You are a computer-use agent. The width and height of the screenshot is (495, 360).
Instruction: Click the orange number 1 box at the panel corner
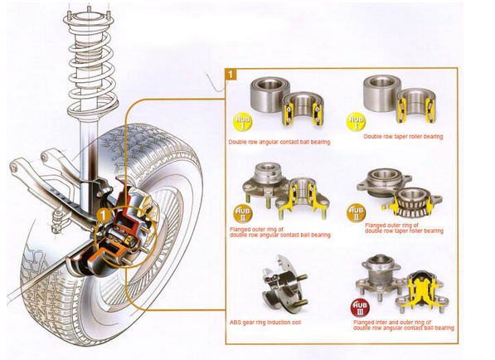231,74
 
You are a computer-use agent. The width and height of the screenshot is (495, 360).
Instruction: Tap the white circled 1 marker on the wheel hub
104,216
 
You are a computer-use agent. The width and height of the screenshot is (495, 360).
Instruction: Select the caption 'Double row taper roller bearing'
403,137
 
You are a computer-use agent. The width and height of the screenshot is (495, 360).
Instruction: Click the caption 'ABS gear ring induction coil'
265,323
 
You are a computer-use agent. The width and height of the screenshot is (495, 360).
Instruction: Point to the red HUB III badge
360,308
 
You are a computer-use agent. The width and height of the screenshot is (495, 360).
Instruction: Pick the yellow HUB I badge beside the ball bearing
243,122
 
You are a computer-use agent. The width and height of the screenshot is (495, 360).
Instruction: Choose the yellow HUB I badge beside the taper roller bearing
357,122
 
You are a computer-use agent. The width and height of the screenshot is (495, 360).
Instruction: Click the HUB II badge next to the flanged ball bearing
243,213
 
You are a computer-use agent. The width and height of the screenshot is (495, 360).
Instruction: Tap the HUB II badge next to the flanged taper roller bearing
357,212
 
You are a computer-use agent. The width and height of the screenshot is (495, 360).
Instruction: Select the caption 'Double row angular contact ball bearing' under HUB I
279,142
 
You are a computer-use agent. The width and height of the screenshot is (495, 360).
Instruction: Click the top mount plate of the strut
89,20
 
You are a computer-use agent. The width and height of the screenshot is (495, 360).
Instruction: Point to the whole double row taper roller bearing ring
381,93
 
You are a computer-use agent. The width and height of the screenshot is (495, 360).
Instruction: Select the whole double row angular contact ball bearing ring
270,94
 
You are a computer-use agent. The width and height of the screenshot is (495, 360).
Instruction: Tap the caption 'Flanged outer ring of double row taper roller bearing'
404,228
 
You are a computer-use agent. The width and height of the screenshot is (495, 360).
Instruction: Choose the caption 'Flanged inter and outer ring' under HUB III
391,323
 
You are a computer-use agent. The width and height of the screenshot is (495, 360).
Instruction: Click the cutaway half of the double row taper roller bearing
416,106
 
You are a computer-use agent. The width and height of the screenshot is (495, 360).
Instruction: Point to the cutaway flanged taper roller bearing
412,202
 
